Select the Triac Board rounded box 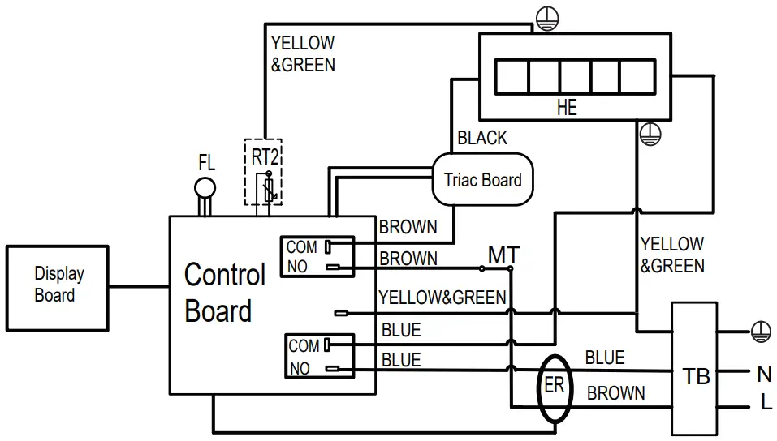pyautogui.click(x=482, y=180)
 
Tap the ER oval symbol pyautogui.click(x=555, y=387)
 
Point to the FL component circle pyautogui.click(x=205, y=190)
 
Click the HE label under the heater pyautogui.click(x=567, y=108)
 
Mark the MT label pyautogui.click(x=503, y=255)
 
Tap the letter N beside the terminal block pyautogui.click(x=764, y=374)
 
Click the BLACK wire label pyautogui.click(x=482, y=139)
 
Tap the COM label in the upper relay pyautogui.click(x=302, y=247)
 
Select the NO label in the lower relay pyautogui.click(x=300, y=369)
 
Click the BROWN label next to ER pyautogui.click(x=616, y=394)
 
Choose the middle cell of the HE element pyautogui.click(x=574, y=76)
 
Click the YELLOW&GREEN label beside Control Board pyautogui.click(x=442, y=298)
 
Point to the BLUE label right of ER pyautogui.click(x=605, y=358)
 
